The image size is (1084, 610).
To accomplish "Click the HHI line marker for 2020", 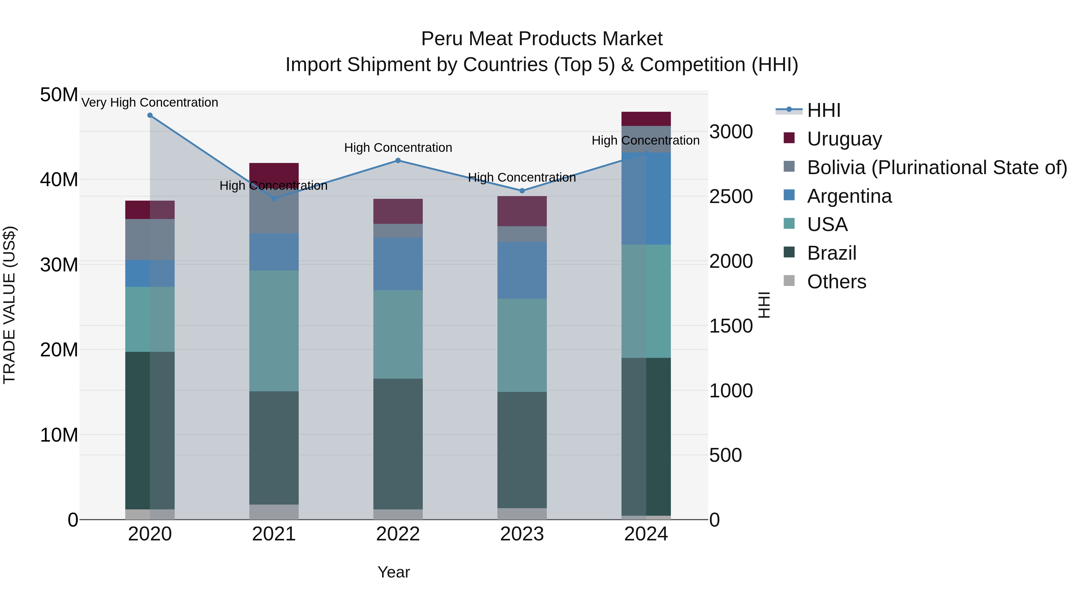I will pos(150,115).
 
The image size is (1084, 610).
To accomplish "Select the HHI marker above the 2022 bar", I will pos(398,160).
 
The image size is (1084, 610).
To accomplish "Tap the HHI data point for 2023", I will pos(522,191).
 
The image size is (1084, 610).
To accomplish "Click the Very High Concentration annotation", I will pos(150,102).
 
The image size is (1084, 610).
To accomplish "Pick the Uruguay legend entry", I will pos(844,139).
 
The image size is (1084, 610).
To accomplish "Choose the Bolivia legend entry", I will pos(937,167).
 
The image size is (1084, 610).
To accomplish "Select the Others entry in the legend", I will pos(836,282).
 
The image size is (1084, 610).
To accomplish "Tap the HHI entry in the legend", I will pos(824,110).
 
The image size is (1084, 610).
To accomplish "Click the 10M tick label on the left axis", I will pos(59,435).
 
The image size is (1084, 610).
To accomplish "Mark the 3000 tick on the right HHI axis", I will pos(731,132).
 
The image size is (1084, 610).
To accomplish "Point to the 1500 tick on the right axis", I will pos(731,326).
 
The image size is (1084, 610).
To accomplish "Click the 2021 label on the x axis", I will pos(274,534).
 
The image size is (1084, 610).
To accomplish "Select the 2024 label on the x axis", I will pos(646,534).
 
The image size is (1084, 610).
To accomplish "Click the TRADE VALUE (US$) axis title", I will pos(9,305).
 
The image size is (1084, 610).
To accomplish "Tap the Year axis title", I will pos(394,572).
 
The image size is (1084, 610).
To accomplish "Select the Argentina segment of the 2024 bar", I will pos(646,199).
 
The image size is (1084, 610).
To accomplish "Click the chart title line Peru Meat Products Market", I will pos(542,39).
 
